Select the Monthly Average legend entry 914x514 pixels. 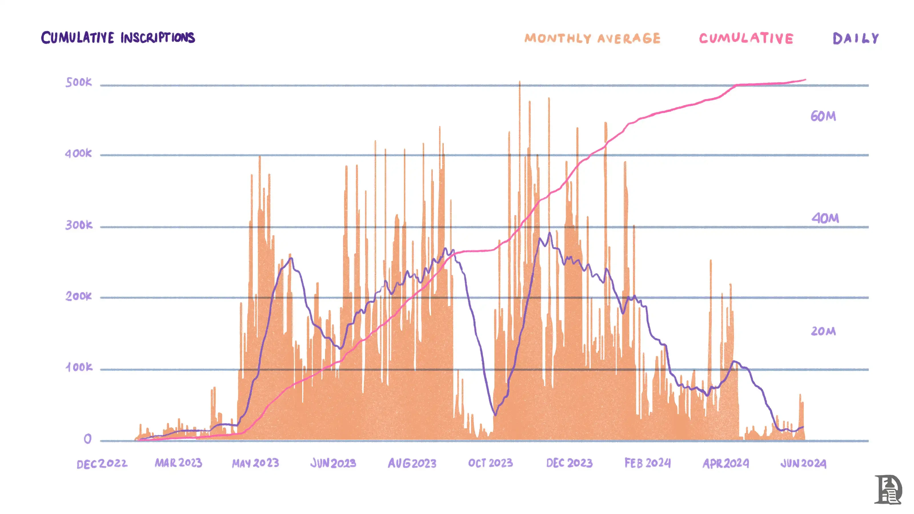[x=592, y=38]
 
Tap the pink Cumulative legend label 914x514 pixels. [x=746, y=38]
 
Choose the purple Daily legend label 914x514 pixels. [x=855, y=38]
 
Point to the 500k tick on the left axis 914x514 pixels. [x=79, y=82]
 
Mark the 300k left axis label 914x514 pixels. [x=79, y=225]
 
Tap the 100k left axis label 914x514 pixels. [x=79, y=367]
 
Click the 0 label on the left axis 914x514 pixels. [x=87, y=439]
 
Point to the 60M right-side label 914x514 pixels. [x=823, y=116]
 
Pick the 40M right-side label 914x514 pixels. [x=825, y=218]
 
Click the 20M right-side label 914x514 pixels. [x=823, y=331]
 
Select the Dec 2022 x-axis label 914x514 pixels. [x=102, y=464]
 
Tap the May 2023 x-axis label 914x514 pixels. [x=255, y=463]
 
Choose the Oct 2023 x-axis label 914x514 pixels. [x=490, y=463]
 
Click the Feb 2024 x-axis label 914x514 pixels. [x=648, y=463]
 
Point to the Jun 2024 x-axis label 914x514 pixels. [x=803, y=463]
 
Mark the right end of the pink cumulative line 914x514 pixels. [x=805, y=80]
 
